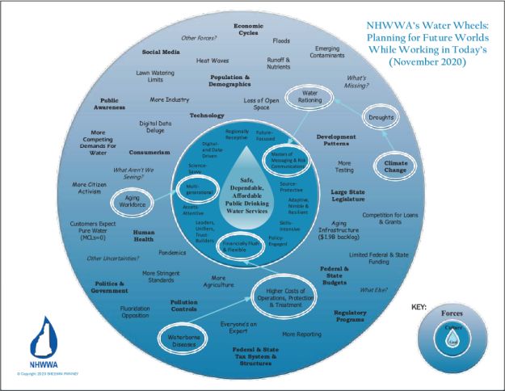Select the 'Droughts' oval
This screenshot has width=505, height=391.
point(379,118)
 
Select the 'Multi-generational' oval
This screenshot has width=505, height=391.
point(197,191)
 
